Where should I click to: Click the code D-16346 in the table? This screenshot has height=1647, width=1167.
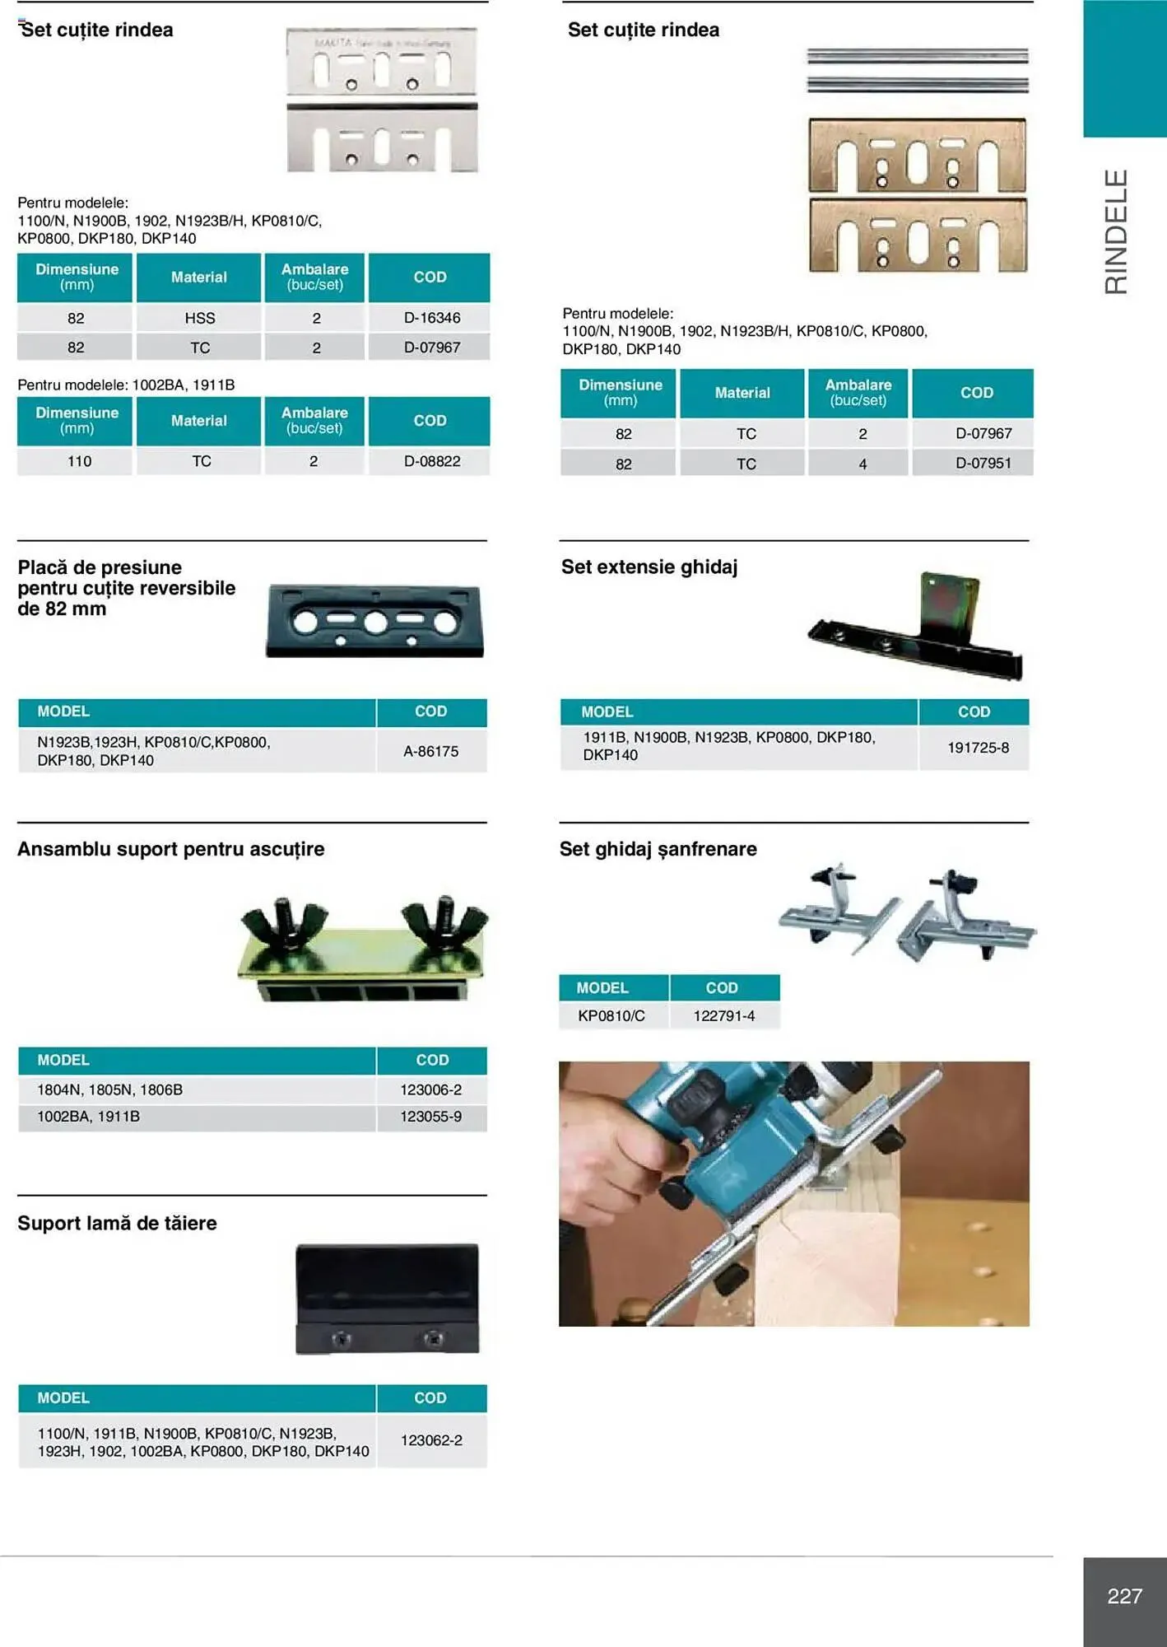point(431,318)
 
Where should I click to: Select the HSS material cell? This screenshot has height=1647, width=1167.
point(199,318)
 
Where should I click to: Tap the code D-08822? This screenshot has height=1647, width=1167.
point(431,461)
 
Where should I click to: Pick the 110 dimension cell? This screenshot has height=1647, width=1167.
point(79,461)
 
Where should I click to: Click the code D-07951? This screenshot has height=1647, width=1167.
point(983,463)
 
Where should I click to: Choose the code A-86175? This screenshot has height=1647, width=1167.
point(430,751)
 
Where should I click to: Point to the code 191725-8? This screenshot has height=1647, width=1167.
point(977,748)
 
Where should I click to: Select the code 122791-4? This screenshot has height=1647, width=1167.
point(723,1015)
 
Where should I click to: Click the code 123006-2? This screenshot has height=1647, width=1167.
point(430,1089)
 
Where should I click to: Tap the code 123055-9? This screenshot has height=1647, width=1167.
point(430,1117)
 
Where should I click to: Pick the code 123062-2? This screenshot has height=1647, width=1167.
point(430,1440)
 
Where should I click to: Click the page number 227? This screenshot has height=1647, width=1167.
point(1124,1596)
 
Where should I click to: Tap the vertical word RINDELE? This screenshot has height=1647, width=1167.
point(1116,231)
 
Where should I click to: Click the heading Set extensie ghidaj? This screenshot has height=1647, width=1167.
point(649,567)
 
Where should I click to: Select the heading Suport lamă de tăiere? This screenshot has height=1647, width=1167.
point(117,1223)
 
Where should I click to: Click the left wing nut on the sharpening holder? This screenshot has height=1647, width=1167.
point(284,924)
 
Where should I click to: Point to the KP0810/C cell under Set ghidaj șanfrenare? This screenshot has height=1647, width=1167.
point(611,1015)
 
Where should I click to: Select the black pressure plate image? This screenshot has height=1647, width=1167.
point(374,622)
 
